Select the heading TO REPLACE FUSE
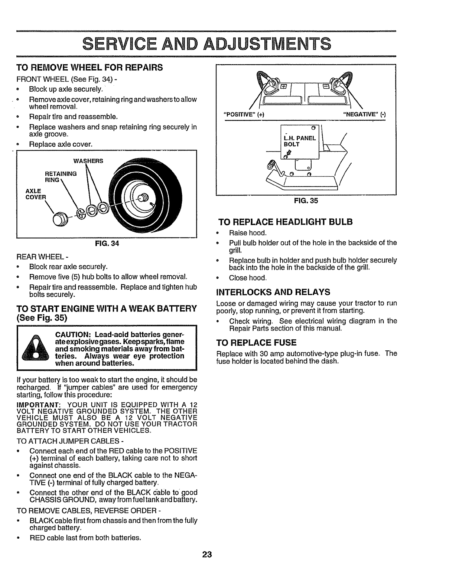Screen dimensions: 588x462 (256, 342)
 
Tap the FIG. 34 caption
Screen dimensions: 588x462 (106, 244)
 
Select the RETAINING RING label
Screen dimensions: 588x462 (61, 176)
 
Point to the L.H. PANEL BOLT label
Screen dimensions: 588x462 (299, 141)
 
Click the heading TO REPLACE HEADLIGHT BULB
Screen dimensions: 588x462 (285, 222)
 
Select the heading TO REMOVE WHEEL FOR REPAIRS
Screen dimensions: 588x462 (89, 68)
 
